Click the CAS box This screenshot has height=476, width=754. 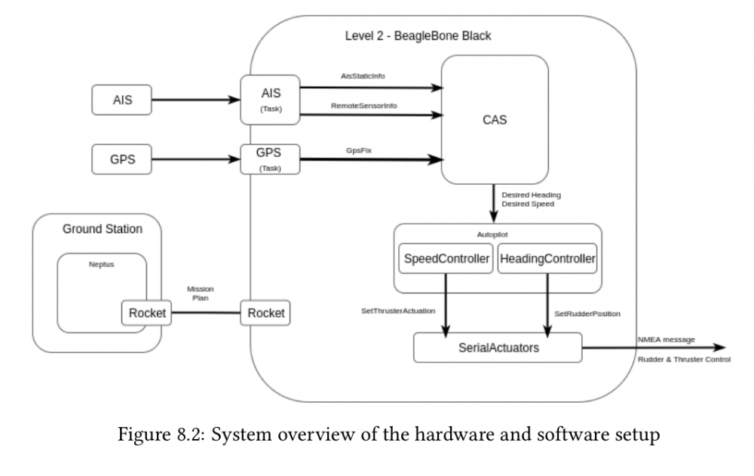pos(495,119)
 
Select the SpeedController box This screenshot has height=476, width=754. pos(446,259)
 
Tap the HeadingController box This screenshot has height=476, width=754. pos(547,259)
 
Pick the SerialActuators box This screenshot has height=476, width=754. pos(498,348)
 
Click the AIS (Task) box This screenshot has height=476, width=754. pos(270,100)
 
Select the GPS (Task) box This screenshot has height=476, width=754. pos(270,159)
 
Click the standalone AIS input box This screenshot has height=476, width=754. pos(121,100)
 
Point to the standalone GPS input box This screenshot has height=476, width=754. pos(121,159)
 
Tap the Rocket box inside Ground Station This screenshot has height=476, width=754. pos(147,313)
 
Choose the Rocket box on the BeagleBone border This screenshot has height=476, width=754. pos(265,313)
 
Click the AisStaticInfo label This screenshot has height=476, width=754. pos(363,76)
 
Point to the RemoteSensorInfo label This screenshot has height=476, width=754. pos(364,106)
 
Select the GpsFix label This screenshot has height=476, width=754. pos(359,151)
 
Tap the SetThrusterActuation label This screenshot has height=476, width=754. pos(398,311)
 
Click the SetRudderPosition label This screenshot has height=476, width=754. pos(587,314)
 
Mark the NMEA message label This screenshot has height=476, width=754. pos(667,339)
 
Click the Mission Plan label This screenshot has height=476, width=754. pos(200,293)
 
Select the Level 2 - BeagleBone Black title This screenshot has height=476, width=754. pos(418,36)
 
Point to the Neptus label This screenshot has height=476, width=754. pos(102,264)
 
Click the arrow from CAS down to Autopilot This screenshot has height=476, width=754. pos(493,204)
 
